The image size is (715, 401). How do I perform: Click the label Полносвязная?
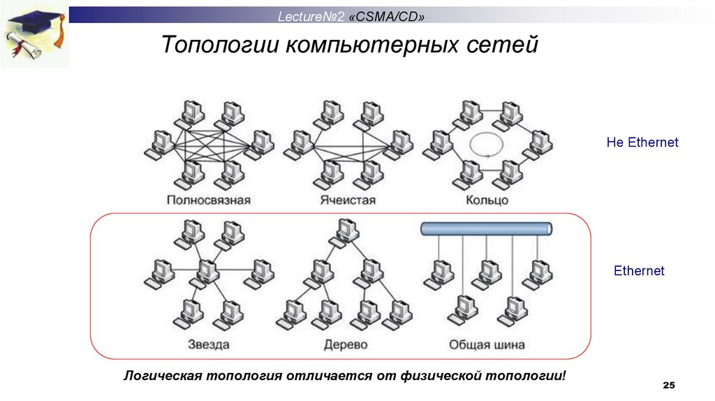[x=209, y=200]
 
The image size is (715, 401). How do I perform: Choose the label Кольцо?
[x=487, y=200]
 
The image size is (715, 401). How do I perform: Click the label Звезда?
[x=209, y=344]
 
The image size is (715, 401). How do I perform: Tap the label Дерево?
[x=346, y=344]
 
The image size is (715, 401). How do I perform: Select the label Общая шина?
[x=487, y=344]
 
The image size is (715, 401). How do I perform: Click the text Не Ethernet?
[x=642, y=143]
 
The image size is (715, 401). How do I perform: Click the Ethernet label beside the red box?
[x=639, y=270]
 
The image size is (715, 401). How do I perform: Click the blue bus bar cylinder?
[x=487, y=228]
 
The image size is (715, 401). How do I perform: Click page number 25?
[x=669, y=386]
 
